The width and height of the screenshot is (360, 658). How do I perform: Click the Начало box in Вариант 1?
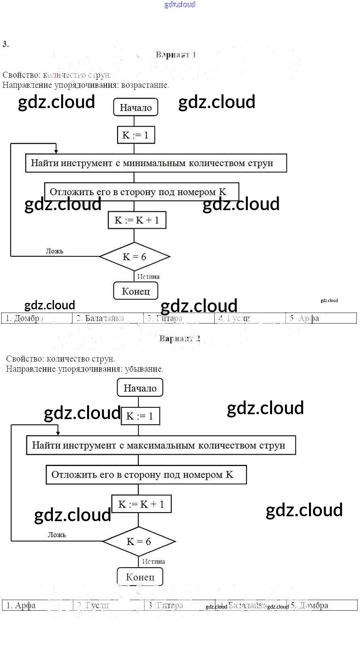click(136, 107)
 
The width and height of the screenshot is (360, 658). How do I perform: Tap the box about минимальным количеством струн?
click(156, 163)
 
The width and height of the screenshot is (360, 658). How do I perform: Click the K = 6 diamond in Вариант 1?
click(134, 257)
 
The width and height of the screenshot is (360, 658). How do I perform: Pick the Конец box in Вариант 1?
click(136, 291)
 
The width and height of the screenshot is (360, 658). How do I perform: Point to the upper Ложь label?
click(54, 251)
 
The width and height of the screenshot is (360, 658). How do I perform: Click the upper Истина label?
click(148, 277)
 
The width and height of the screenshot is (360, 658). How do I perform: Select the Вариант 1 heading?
click(176, 55)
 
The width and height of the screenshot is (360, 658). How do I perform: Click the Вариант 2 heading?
click(179, 339)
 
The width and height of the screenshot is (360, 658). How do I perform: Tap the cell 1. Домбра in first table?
click(37, 318)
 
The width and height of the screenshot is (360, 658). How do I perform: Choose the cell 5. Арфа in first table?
click(321, 318)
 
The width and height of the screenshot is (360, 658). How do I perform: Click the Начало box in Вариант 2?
click(140, 388)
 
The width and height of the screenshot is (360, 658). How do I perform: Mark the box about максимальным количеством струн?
click(161, 445)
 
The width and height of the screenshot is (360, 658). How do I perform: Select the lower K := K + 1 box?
click(141, 504)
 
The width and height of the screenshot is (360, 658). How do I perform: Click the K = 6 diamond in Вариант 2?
click(139, 542)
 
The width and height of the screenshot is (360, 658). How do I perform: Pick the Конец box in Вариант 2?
click(140, 577)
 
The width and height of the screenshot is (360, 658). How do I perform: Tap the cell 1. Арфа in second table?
click(38, 605)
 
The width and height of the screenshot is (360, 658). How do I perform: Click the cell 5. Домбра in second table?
click(322, 605)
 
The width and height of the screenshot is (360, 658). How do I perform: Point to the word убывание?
click(144, 369)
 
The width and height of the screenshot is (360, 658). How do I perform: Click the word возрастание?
click(145, 85)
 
